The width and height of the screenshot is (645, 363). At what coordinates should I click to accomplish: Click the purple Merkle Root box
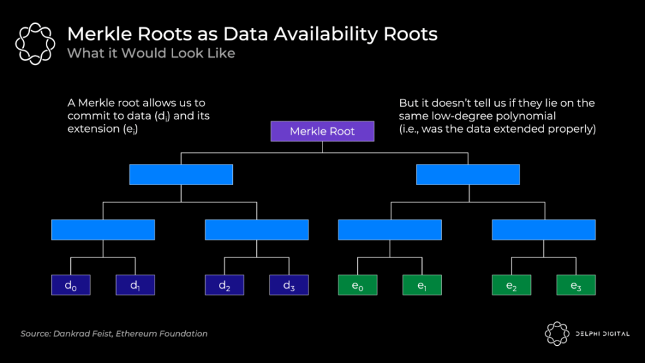(x=322, y=131)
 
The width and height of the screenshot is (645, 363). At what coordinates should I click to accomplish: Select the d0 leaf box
(x=71, y=285)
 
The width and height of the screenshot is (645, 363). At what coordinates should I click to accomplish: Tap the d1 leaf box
(x=135, y=285)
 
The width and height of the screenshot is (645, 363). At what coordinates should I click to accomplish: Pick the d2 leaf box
(x=224, y=285)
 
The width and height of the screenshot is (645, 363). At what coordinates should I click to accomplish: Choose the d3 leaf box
(x=289, y=285)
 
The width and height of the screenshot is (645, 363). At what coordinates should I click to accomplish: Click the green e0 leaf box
(x=358, y=285)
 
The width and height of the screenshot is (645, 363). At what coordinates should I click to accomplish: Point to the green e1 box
(x=422, y=285)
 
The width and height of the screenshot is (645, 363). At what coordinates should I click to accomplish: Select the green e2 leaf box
(x=511, y=285)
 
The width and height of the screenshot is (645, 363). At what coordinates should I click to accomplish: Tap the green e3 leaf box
(x=575, y=285)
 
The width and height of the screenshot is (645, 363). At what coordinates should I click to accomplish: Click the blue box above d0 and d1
(x=103, y=230)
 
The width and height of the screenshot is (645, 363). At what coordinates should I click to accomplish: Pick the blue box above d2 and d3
(x=257, y=230)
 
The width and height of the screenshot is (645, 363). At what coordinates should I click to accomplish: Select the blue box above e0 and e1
(x=390, y=230)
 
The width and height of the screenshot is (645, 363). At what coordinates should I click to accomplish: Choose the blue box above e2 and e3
(x=543, y=230)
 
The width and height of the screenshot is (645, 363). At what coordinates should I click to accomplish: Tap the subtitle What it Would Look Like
(x=151, y=53)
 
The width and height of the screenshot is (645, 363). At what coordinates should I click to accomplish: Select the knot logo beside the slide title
(x=35, y=43)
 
